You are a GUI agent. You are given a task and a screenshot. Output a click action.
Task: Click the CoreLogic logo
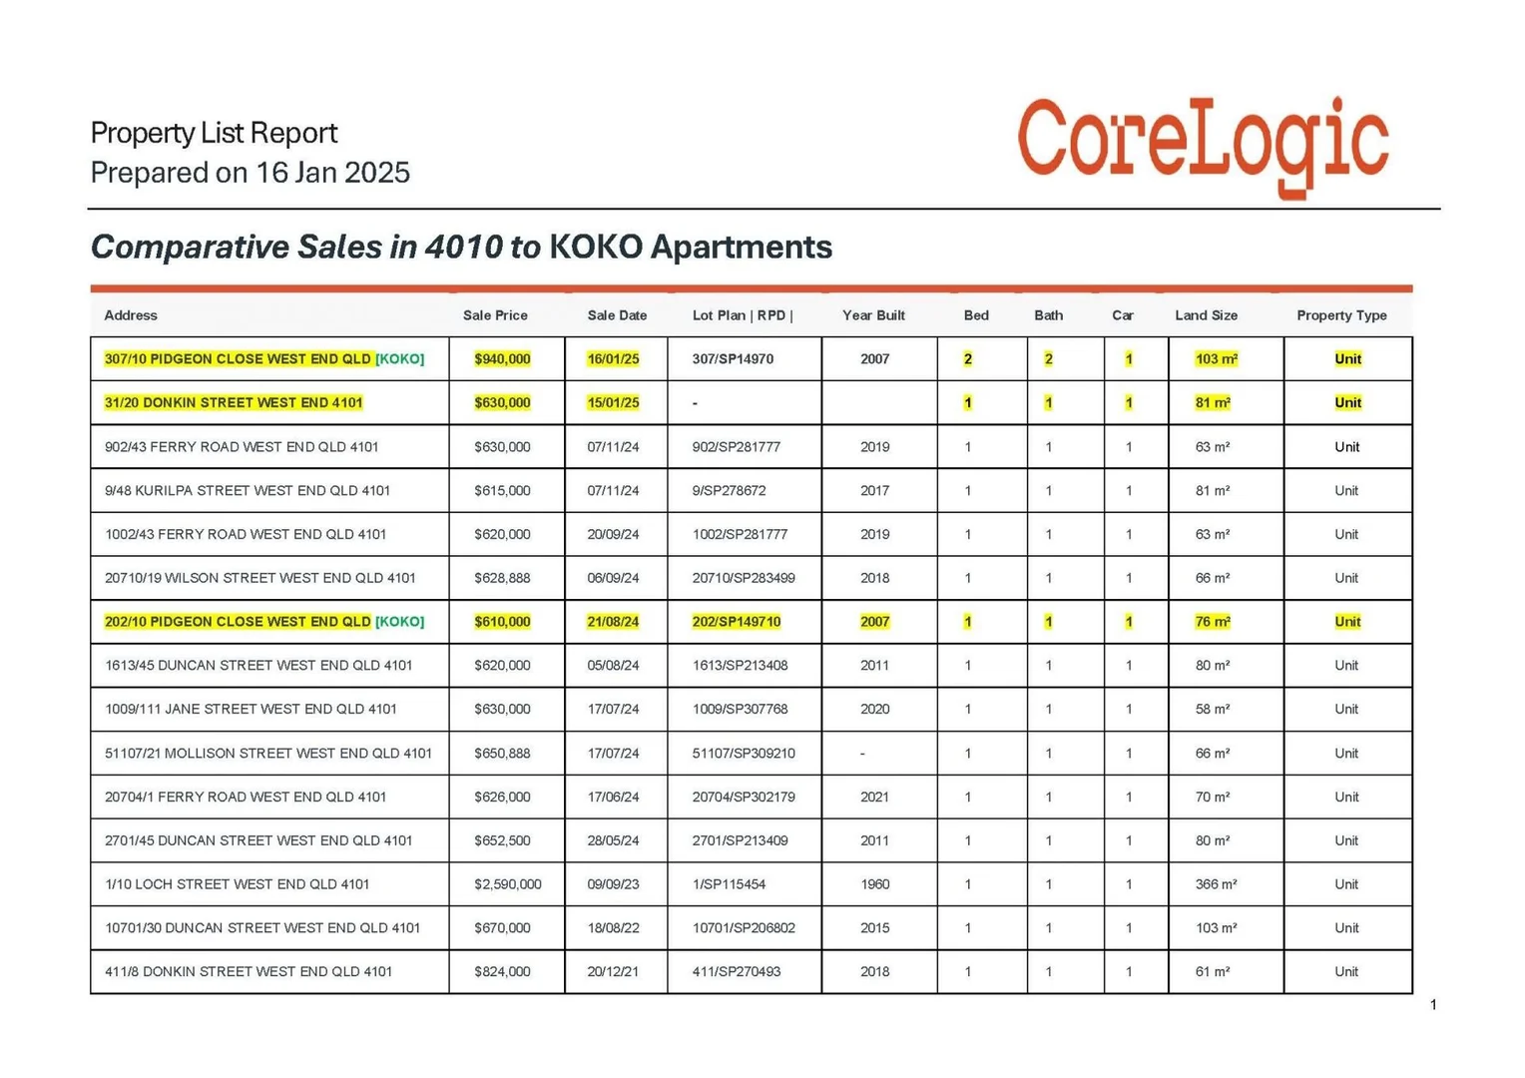1202,145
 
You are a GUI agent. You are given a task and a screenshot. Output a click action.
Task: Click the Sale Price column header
495,315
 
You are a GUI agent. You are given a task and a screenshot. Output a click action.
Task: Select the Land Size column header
1206,315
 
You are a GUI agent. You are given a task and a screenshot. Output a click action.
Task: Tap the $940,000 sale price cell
502,359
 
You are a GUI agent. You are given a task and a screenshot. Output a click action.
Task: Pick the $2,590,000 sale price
507,884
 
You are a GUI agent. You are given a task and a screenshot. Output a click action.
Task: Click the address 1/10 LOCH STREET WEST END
237,884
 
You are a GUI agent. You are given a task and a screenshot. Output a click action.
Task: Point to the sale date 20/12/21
613,971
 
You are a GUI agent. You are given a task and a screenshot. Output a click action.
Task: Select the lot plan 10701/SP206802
744,928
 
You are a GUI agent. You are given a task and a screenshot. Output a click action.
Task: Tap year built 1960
874,884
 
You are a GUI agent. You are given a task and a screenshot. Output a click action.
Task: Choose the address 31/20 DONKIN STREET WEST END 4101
234,403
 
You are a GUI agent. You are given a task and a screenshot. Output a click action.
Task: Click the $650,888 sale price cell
502,754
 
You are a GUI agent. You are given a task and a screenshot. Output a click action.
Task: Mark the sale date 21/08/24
613,622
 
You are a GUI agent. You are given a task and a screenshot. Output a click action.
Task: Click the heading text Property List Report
214,133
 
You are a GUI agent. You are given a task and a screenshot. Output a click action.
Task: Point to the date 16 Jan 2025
332,173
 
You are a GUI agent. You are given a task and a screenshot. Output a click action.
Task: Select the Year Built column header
873,315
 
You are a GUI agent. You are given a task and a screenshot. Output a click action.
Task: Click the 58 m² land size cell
1212,710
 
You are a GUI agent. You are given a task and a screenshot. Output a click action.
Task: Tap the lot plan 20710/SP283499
744,578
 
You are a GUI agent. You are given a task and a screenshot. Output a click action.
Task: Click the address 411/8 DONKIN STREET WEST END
248,971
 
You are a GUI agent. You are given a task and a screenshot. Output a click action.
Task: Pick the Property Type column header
1341,315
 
